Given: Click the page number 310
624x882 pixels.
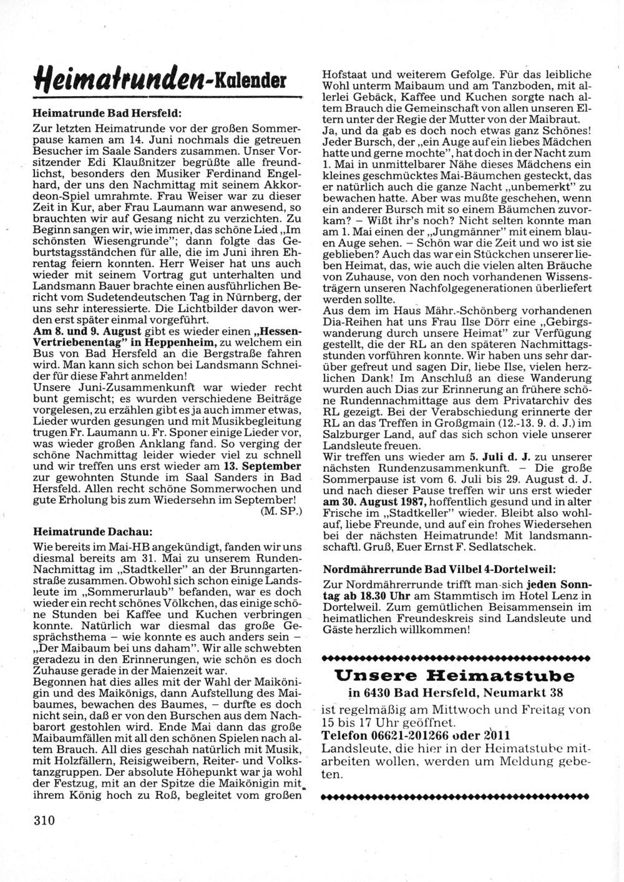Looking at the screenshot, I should click(45, 820).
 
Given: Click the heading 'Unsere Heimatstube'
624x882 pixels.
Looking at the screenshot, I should click(454, 675).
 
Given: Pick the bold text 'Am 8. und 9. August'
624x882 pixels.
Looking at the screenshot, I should click(87, 331).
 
